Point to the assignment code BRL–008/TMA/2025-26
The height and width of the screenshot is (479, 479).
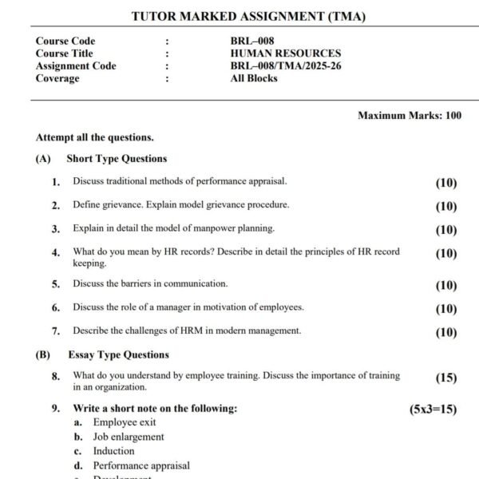[x=285, y=66]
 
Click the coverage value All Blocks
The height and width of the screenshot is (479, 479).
[x=254, y=78]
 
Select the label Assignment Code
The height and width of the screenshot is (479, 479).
[x=76, y=66]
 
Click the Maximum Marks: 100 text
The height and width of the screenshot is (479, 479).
[x=410, y=116]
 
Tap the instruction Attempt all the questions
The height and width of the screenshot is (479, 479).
[x=95, y=137]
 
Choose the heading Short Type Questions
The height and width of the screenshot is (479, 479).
[x=117, y=159]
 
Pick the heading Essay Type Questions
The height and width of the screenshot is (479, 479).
[x=119, y=354]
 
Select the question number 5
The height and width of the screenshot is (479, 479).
[x=56, y=284]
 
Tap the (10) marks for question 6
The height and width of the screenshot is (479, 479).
[x=446, y=309]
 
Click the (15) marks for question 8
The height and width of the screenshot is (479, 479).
[x=446, y=378]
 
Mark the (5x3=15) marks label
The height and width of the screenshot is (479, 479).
[x=433, y=410]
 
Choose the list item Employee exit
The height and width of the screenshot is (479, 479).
[x=125, y=422]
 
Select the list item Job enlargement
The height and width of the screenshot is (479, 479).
[x=129, y=437]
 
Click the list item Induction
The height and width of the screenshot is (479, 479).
[x=113, y=451]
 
